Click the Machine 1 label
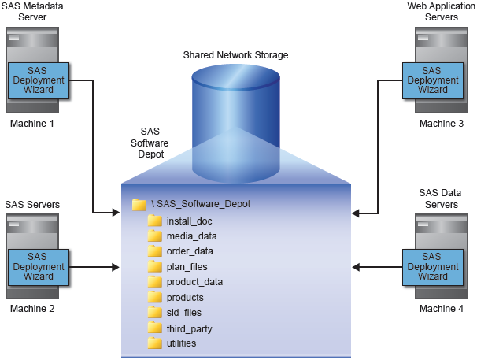pos(31,124)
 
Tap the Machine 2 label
pos(31,308)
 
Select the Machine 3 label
pos(441,124)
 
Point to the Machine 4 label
pos(441,308)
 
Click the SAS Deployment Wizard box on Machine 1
pos(37,80)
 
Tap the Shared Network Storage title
pos(235,55)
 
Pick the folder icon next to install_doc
pos(154,221)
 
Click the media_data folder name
pos(192,236)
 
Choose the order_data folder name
pos(190,251)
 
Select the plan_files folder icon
pos(154,267)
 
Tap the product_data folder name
pos(195,282)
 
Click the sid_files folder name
pos(184,313)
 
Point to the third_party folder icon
pos(154,328)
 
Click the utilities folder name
pos(182,343)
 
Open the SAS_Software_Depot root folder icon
pos(139,204)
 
